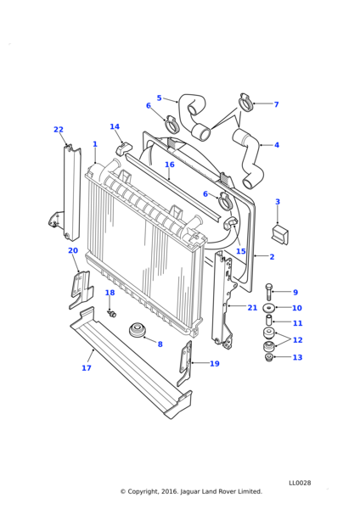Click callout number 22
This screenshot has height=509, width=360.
coord(59,130)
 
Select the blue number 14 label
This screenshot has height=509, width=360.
coord(115,126)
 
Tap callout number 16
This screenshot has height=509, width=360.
coord(170,165)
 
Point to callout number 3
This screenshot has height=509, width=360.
coord(278,202)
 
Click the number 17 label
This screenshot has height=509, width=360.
coord(87,368)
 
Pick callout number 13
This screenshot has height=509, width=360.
coord(298,357)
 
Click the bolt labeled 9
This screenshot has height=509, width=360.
coord(268,292)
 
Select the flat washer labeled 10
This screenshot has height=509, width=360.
coord(268,307)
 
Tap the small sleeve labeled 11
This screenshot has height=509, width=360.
coord(269,320)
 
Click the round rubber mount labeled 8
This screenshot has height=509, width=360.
coord(137,330)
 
